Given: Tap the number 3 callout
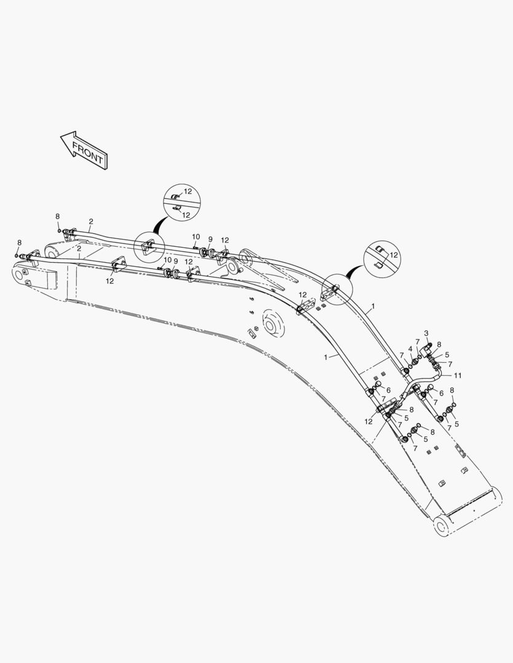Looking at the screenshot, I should point(426,333).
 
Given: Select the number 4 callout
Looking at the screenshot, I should point(410,349).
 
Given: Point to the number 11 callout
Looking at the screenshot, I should point(458,375).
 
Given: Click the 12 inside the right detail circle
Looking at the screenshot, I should point(394,255).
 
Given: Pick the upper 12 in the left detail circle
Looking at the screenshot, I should point(188,192).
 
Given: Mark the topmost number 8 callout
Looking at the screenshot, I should point(58,216).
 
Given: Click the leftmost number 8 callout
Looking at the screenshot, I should point(19,242).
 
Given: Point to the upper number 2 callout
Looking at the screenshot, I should point(91,221).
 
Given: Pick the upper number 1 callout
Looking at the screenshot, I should point(373,305).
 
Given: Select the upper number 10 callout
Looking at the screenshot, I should point(196,236).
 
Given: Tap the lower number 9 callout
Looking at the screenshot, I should point(176,261).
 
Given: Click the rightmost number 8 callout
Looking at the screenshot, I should point(452,390).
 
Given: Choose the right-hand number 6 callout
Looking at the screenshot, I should point(441,393).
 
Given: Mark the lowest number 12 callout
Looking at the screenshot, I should point(369,422).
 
